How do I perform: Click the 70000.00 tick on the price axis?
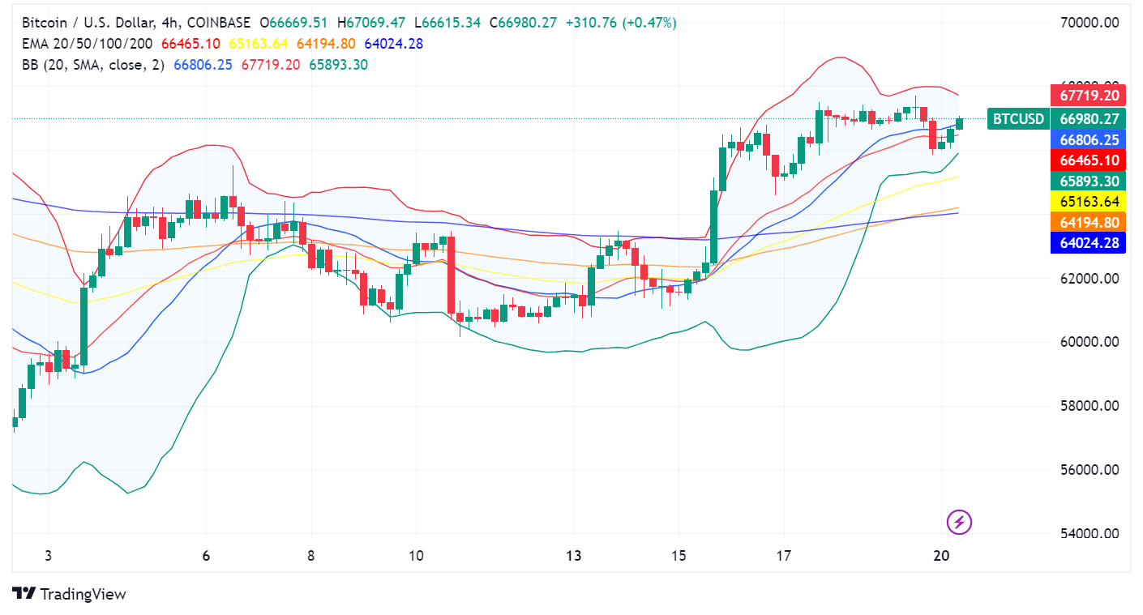pyautogui.click(x=1089, y=23)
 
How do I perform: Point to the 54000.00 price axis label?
pyautogui.click(x=1089, y=533)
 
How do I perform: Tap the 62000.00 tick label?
pyautogui.click(x=1089, y=278)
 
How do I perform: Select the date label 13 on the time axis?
pyautogui.click(x=574, y=556)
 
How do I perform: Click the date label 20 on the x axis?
pyautogui.click(x=941, y=556)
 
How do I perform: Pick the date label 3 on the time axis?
pyautogui.click(x=49, y=556)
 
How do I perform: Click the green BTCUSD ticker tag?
pyautogui.click(x=1018, y=119)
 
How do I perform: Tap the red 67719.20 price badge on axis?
pyautogui.click(x=1089, y=96)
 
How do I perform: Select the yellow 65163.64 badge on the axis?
pyautogui.click(x=1089, y=202)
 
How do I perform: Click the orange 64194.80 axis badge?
pyautogui.click(x=1089, y=222)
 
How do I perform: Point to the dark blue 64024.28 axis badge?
pyautogui.click(x=1089, y=242)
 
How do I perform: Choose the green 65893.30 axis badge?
pyautogui.click(x=1089, y=182)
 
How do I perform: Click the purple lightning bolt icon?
pyautogui.click(x=959, y=522)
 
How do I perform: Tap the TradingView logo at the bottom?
pyautogui.click(x=70, y=594)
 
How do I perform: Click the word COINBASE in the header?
pyautogui.click(x=218, y=23)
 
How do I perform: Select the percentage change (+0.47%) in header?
pyautogui.click(x=649, y=23)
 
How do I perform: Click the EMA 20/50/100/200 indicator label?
pyautogui.click(x=88, y=44)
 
